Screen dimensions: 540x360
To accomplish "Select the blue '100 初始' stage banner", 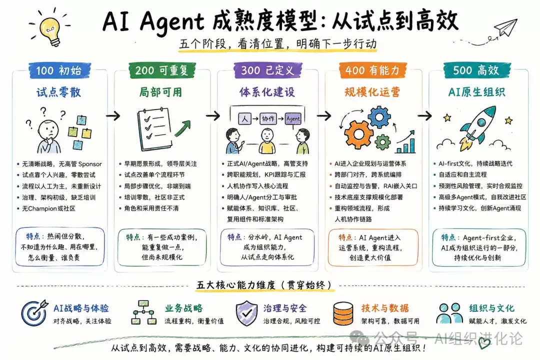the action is tap(59, 70).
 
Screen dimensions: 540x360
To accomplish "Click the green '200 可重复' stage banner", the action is tap(162, 70).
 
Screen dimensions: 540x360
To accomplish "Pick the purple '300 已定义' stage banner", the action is tap(268, 70).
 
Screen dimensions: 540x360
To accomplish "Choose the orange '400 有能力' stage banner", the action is tap(372, 70).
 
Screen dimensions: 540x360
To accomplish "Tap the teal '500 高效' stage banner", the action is tap(476, 70).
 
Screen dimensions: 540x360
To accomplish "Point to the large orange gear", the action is tap(358, 134).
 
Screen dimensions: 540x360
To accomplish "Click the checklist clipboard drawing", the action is tap(155, 129).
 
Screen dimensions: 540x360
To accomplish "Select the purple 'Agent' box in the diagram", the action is tap(293, 118).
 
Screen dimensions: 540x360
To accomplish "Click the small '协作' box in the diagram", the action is tap(268, 118).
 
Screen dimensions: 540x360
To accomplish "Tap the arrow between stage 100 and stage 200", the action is tap(113, 116).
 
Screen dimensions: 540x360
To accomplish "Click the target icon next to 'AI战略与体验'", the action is tap(34, 313).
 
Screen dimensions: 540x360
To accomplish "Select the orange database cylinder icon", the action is tap(343, 313).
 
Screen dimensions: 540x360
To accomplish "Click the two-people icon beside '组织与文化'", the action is tap(450, 313).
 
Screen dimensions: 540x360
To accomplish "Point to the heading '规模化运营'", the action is tap(372, 92).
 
